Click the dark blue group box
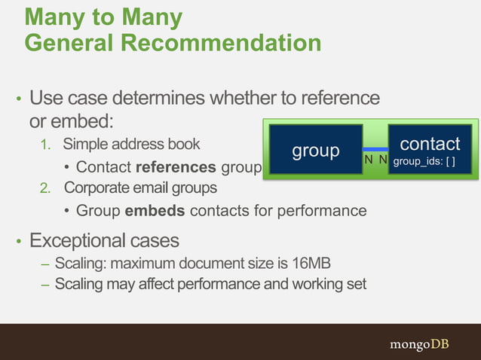click(x=316, y=150)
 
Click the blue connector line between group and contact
click(x=375, y=149)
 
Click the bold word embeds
click(x=155, y=211)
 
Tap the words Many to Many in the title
click(x=103, y=17)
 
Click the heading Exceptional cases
click(x=104, y=241)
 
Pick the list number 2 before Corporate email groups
click(x=46, y=188)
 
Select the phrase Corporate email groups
click(x=140, y=188)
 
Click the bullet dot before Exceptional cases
click(x=19, y=243)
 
